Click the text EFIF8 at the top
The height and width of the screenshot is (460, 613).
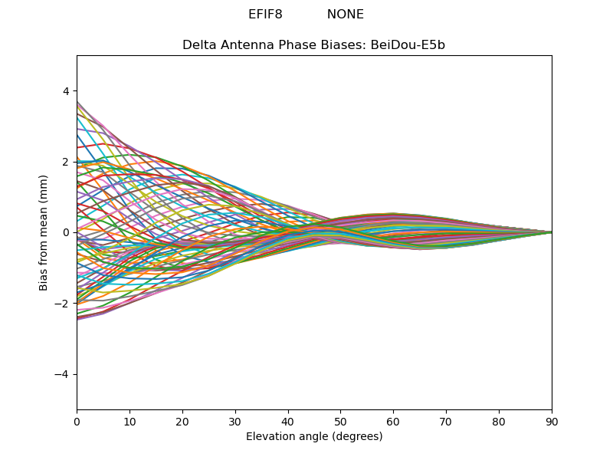coord(265,15)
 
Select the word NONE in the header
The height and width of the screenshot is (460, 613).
coord(346,15)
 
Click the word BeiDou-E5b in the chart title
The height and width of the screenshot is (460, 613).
coord(408,45)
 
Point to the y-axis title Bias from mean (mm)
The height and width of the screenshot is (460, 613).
coord(43,233)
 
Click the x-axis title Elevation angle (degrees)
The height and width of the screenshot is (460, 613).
coord(314,436)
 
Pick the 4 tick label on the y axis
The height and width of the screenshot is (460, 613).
coord(66,91)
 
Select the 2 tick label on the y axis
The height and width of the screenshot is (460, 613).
coord(66,162)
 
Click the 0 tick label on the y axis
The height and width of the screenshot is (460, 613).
coord(66,233)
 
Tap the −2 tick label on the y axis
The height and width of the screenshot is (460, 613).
coord(62,304)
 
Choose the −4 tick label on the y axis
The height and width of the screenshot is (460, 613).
coord(62,374)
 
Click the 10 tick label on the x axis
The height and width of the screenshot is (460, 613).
coord(129,422)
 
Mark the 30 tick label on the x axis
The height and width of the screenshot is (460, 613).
coord(235,422)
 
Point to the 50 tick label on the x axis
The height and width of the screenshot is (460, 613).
coord(341,422)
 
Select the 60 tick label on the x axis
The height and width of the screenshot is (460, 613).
coord(394,422)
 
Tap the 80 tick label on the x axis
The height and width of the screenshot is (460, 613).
coord(500,422)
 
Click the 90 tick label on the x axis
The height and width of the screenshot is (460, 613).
coord(552,422)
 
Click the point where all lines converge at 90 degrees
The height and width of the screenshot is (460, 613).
coord(552,233)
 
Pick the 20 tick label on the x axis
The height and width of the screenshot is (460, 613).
coord(182,422)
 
